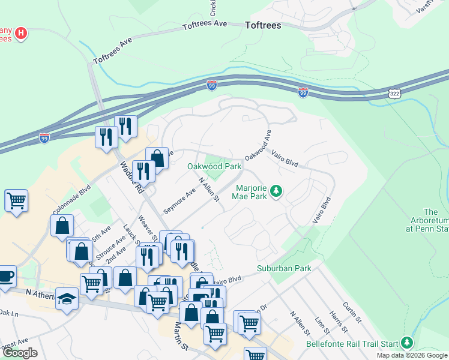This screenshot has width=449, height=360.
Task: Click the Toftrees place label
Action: pyautogui.click(x=263, y=26)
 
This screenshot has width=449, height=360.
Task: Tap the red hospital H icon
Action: pyautogui.click(x=21, y=32)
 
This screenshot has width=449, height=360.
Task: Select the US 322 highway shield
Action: pyautogui.click(x=394, y=94)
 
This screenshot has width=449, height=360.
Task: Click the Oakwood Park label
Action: pyautogui.click(x=214, y=166)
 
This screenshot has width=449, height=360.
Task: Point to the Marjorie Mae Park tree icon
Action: pyautogui.click(x=276, y=191)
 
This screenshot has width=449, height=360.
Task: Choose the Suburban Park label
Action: pyautogui.click(x=284, y=268)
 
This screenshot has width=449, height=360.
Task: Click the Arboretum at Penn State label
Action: pyautogui.click(x=430, y=220)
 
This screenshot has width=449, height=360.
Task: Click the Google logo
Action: pyautogui.click(x=20, y=353)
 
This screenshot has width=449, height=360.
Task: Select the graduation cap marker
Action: pyautogui.click(x=67, y=298)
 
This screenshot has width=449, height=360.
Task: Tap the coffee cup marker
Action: pyautogui.click(x=6, y=276)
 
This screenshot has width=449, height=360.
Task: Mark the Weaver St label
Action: pyautogui.click(x=148, y=227)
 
